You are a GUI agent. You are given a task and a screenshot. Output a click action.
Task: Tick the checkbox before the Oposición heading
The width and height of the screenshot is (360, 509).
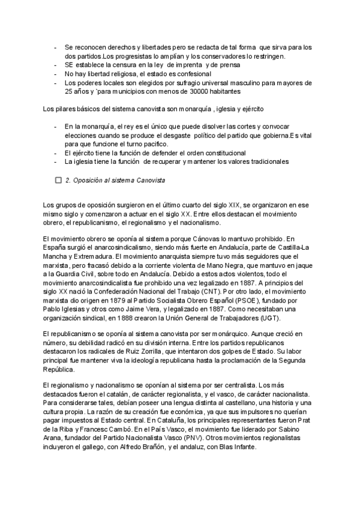tap(58, 179)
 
